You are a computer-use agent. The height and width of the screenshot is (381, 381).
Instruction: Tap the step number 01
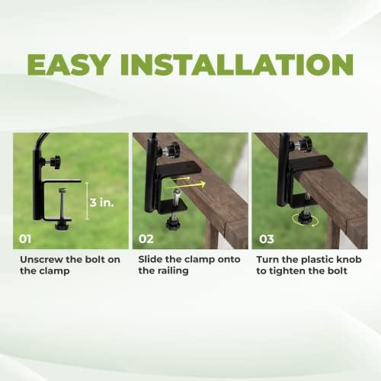coord(27,239)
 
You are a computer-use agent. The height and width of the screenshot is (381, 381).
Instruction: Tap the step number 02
coord(147,239)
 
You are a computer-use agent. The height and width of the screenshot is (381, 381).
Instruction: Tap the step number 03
coord(267,239)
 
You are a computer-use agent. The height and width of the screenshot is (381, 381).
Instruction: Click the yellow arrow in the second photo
coord(191,183)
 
